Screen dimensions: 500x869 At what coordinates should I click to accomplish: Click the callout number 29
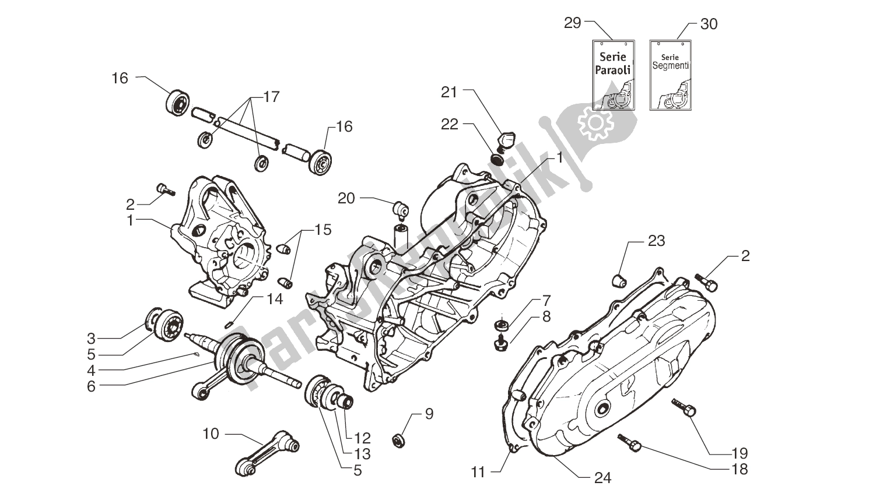(573, 23)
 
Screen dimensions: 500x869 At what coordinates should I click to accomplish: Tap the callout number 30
(709, 24)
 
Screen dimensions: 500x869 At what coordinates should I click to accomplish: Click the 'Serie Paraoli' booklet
(612, 75)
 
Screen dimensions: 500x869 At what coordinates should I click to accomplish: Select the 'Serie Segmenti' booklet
(670, 75)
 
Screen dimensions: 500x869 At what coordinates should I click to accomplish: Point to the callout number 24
(602, 478)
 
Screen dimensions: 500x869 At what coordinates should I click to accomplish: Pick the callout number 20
(346, 199)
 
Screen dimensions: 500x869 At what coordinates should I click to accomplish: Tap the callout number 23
(656, 241)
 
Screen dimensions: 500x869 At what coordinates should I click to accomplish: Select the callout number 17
(271, 97)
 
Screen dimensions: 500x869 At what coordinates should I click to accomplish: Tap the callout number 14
(275, 299)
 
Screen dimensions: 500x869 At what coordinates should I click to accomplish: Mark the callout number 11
(478, 473)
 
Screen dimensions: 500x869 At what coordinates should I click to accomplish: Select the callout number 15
(323, 230)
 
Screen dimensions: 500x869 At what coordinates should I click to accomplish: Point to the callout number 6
(91, 386)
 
